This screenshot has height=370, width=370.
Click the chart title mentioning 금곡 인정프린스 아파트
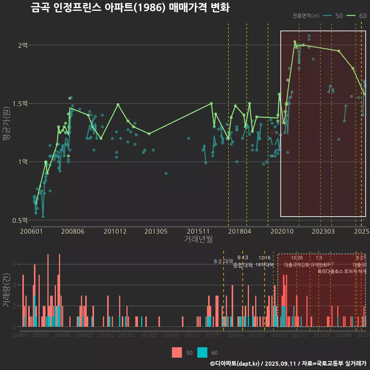[130, 8]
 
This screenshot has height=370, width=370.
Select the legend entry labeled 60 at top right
[362, 16]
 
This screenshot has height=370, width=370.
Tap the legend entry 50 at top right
[339, 16]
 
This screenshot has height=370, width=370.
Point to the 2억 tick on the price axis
[23, 45]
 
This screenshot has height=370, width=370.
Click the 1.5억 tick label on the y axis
[20, 103]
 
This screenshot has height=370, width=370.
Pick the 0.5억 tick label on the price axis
[20, 220]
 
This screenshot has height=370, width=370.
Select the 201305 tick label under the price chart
[156, 231]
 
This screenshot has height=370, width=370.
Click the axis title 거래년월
[198, 239]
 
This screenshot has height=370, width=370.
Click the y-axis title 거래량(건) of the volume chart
[7, 290]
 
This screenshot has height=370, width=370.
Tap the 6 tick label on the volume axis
[14, 264]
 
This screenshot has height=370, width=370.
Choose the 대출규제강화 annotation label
[297, 265]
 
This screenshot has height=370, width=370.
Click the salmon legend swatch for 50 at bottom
[177, 352]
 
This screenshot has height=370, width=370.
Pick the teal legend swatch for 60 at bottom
[202, 352]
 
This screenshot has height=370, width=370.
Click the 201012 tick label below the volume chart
[106, 336]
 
